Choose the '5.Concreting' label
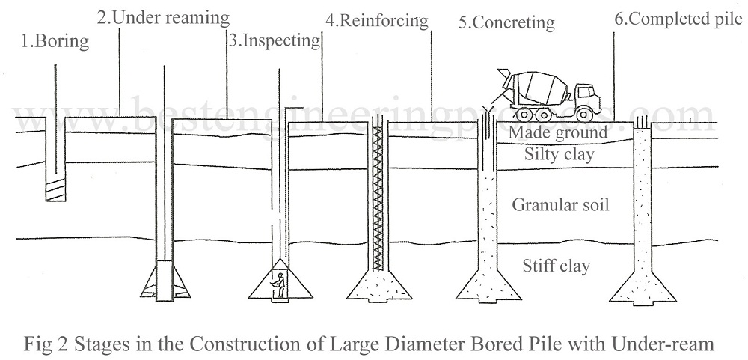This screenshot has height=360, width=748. tap(507, 22)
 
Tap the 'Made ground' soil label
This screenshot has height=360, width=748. tap(557, 133)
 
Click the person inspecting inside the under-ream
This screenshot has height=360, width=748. tap(279, 287)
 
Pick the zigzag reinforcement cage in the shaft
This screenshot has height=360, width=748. tap(378, 195)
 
